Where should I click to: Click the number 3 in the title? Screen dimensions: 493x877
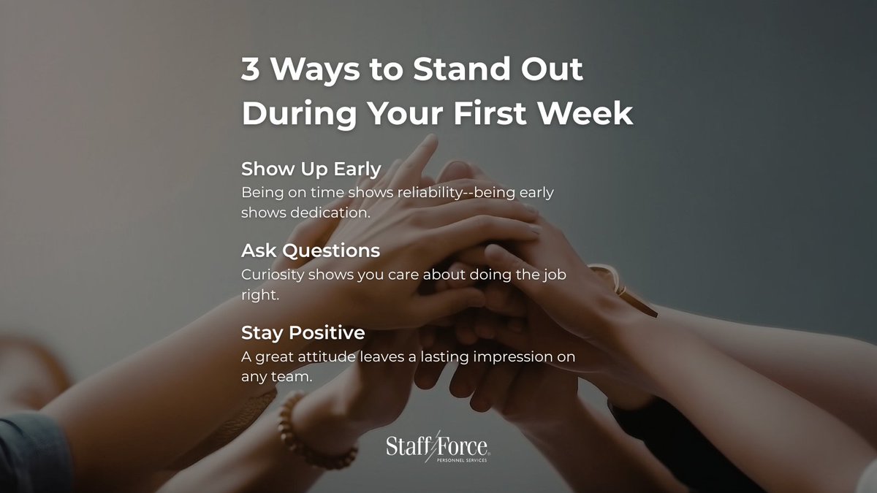(250, 70)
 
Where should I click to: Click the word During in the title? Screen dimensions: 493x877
(298, 114)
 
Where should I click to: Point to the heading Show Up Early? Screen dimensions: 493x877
(311, 169)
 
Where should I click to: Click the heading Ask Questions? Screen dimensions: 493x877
(311, 251)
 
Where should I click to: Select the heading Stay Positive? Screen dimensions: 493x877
(303, 332)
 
